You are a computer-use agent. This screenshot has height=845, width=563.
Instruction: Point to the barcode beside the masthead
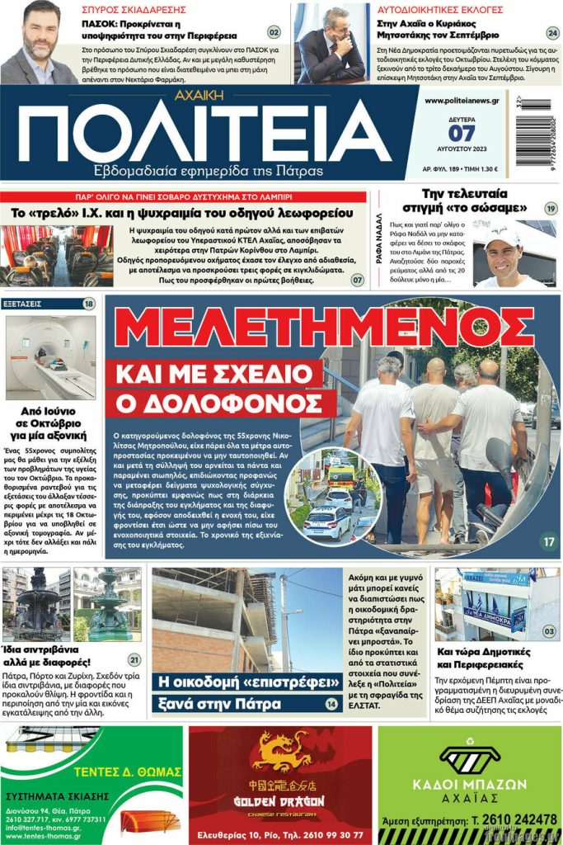click(x=537, y=132)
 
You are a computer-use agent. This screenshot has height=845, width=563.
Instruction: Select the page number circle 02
click(x=274, y=33)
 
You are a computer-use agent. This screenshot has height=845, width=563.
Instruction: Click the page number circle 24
click(x=552, y=33)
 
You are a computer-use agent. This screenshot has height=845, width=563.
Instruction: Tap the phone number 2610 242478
click(x=516, y=820)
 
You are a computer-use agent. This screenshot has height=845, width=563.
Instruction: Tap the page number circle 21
click(x=134, y=659)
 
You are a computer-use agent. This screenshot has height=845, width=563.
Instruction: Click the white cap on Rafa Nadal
click(x=504, y=237)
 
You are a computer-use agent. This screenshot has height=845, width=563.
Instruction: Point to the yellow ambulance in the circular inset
click(x=340, y=474)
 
